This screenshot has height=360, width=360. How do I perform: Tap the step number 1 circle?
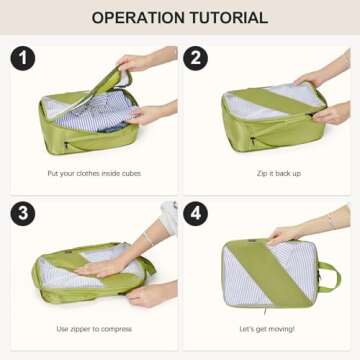pos(23,57)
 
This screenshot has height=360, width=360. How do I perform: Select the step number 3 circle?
pos(23,215)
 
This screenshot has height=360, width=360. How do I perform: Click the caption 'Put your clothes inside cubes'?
pos(94,172)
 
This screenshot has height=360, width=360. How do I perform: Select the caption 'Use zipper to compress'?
pos(94,329)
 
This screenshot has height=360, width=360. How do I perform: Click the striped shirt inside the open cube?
pos(95,110)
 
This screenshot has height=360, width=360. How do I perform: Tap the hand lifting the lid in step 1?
pos(135,64)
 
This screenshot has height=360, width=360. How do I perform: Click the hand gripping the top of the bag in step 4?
pos(285,236)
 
